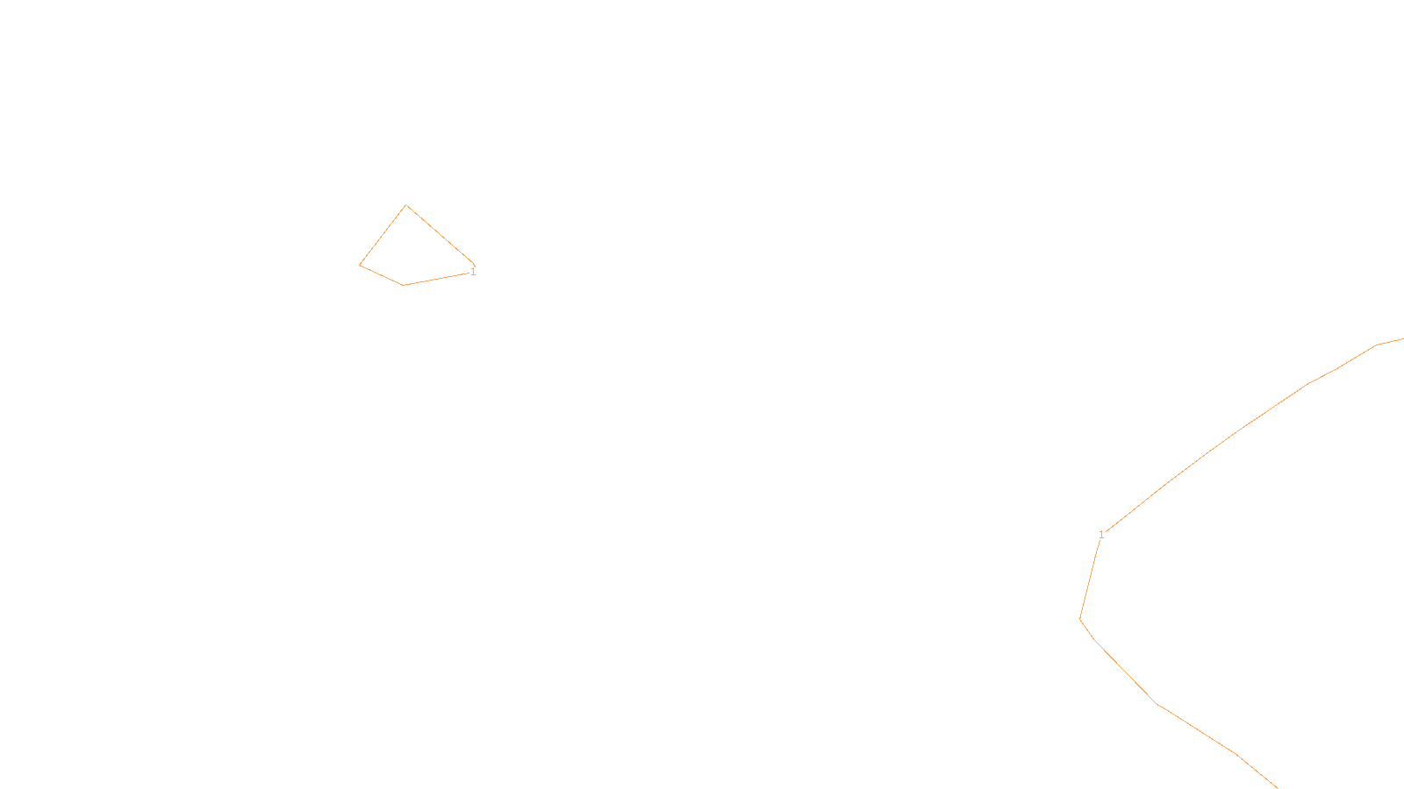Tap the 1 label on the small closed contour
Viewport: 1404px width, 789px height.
(x=473, y=272)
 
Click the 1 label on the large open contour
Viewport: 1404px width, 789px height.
(x=1101, y=535)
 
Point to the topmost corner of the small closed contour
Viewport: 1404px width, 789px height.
(x=405, y=205)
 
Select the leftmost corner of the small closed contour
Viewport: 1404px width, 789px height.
(x=360, y=265)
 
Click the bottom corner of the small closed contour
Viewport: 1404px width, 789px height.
(x=404, y=285)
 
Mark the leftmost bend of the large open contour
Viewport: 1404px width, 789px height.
(x=1080, y=619)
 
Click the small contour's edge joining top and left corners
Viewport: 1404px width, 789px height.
(x=383, y=235)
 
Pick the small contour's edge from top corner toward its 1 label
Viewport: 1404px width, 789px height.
(x=440, y=234)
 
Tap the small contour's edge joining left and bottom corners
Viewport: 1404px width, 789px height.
(x=382, y=275)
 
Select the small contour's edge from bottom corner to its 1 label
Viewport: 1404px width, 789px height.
(x=436, y=279)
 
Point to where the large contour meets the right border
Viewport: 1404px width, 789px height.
(x=1401, y=339)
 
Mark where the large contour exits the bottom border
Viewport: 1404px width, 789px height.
(x=1276, y=786)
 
